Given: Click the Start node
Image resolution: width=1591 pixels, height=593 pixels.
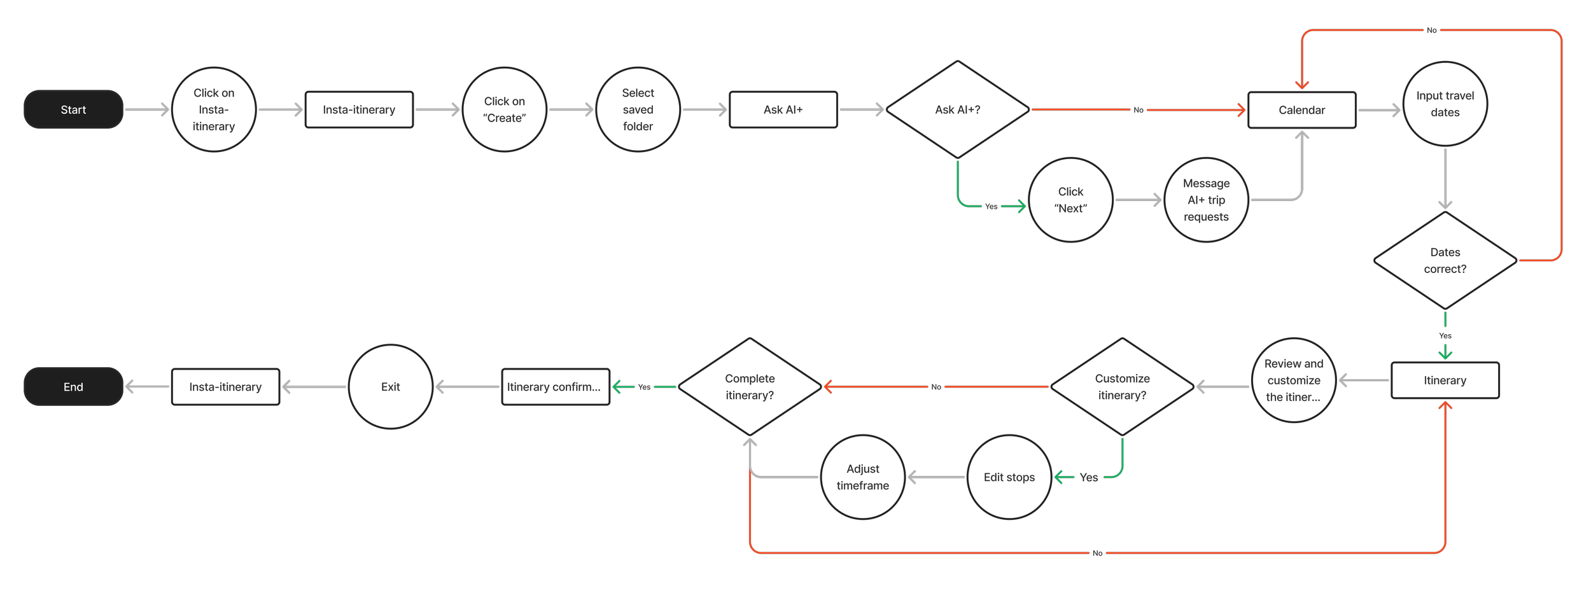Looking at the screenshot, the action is [x=73, y=109].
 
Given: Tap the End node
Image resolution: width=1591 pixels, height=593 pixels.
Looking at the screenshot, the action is [x=73, y=387].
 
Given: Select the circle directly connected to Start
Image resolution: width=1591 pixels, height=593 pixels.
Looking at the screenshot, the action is [x=214, y=109].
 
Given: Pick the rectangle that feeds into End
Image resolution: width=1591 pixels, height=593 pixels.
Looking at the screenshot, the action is [x=225, y=387].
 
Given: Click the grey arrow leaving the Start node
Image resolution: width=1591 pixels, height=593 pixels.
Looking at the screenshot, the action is [x=147, y=109].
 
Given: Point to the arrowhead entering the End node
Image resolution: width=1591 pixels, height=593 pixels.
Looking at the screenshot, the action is [x=129, y=386].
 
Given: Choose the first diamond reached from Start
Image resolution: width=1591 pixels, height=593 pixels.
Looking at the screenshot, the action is [x=957, y=109].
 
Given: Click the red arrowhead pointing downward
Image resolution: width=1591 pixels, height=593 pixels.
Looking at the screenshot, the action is [x=1302, y=85].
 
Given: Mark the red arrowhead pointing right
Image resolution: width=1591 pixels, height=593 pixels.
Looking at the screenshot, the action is [x=1241, y=110].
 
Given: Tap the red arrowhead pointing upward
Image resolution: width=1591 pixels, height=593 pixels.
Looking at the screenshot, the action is [x=1445, y=406].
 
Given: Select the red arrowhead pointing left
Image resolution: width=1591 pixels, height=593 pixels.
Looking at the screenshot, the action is [x=829, y=386].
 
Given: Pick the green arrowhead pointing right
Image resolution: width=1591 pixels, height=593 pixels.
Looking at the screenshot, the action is [x=1021, y=206].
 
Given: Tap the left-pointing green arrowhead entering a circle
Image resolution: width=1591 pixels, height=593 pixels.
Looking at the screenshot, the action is [x=1059, y=477].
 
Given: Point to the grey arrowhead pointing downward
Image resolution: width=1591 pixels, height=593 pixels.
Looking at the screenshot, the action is [x=1445, y=204].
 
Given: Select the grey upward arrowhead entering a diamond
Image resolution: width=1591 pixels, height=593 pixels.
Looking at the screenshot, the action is [x=750, y=442].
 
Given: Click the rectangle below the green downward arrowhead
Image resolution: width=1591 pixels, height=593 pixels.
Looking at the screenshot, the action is [x=1445, y=380].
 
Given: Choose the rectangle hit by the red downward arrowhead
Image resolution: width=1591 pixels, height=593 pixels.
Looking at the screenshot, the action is [x=1302, y=110].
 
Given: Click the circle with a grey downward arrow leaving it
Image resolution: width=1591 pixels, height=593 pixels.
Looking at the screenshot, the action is [x=1445, y=104].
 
